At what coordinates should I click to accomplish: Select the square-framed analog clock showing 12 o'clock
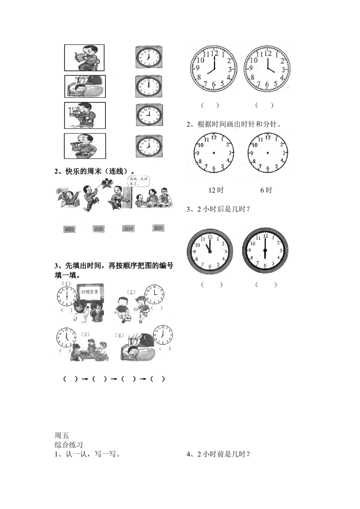pyautogui.click(x=149, y=87)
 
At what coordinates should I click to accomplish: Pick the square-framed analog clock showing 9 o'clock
pyautogui.click(x=149, y=115)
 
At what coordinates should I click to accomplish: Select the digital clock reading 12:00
pyautogui.click(x=99, y=229)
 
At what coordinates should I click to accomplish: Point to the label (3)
pyautogui.click(x=85, y=334)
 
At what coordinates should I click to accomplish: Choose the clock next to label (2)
pyautogui.click(x=154, y=294)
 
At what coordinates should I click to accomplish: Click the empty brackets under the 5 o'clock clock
pyautogui.click(x=66, y=350)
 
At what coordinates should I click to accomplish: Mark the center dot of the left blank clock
pyautogui.click(x=214, y=153)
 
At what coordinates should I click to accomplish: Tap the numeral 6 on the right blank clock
pyautogui.click(x=267, y=168)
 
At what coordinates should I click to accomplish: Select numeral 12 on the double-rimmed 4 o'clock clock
pyautogui.click(x=267, y=53)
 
